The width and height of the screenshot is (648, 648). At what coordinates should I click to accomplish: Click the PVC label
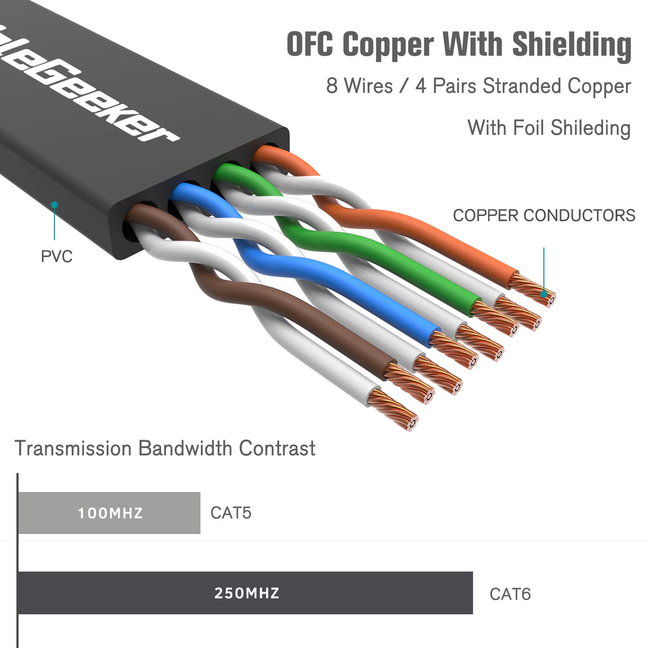[57, 257]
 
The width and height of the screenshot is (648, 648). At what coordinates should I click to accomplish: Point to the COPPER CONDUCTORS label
[544, 215]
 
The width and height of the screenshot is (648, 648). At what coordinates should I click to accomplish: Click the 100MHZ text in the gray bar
[110, 513]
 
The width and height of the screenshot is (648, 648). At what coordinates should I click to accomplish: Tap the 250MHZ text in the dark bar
[247, 593]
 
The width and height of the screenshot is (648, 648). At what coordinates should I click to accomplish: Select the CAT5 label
[231, 513]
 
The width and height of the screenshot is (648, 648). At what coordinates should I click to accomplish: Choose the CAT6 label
[510, 594]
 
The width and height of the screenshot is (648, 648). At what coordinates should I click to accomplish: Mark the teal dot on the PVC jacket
[54, 205]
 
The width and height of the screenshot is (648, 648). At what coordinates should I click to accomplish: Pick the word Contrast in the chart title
[277, 448]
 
